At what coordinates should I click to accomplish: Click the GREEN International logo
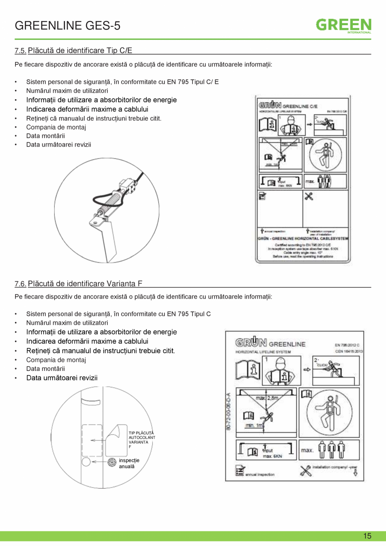(x=343, y=26)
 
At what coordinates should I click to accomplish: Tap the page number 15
(x=367, y=536)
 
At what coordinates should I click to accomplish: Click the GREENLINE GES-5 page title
(x=68, y=26)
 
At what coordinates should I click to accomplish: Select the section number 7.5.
(x=20, y=51)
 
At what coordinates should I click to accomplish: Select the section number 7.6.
(x=20, y=284)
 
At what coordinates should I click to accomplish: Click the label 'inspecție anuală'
(x=129, y=463)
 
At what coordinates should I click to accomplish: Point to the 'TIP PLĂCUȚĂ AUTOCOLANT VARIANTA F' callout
(x=141, y=440)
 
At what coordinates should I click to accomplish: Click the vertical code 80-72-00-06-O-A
(x=228, y=411)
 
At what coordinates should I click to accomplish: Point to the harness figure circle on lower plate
(x=330, y=412)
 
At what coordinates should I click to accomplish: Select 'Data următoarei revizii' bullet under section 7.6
(x=62, y=378)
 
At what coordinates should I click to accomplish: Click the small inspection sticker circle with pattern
(x=112, y=462)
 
